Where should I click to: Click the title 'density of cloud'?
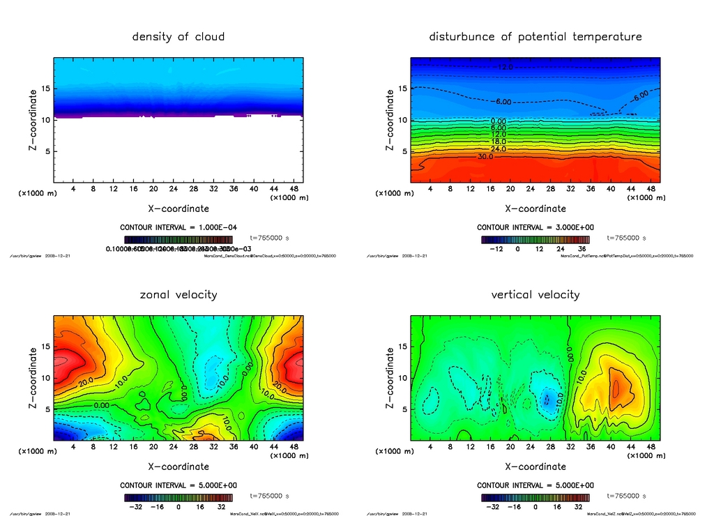coord(178,36)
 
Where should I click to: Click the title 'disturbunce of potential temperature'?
coord(535,36)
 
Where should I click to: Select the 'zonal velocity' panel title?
coord(178,294)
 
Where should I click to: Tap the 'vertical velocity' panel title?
coord(535,294)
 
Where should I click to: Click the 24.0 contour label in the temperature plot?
coord(499,149)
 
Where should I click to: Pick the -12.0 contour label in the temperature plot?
coord(503,67)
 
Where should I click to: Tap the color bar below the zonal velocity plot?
coord(178,498)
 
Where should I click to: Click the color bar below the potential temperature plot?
coord(535,239)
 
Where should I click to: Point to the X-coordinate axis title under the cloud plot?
coord(178,208)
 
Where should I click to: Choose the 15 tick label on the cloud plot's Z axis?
coord(44,89)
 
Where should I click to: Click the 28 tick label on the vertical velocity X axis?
coord(551,447)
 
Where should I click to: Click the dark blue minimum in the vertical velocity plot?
coord(547,400)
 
